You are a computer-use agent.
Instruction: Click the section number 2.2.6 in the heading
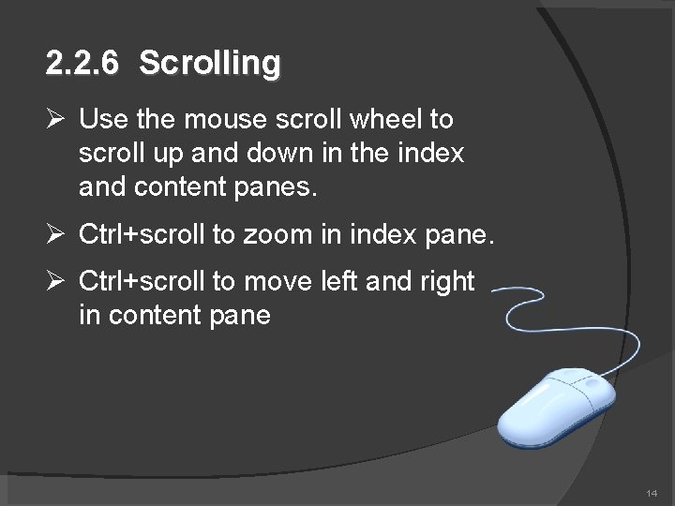tap(83, 64)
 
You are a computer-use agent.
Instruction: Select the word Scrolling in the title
tap(209, 64)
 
